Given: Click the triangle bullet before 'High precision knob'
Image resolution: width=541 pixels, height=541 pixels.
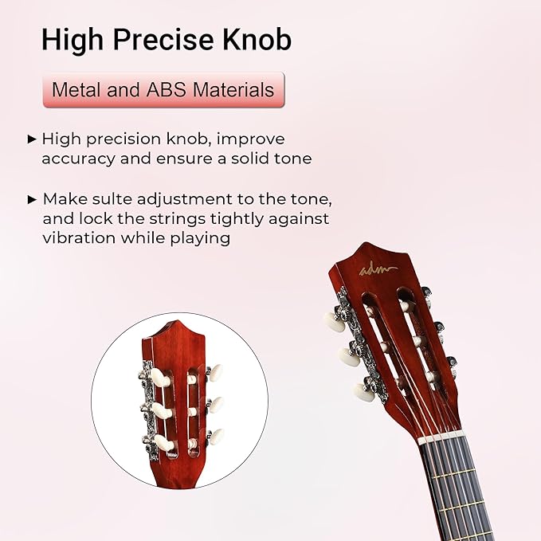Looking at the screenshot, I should coord(32,139).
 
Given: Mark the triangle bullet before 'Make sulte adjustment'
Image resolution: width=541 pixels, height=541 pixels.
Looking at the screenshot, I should coord(32,198).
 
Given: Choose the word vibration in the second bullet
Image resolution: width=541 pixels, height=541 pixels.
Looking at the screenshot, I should coord(75,238).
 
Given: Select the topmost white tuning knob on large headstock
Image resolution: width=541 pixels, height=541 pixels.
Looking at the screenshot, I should coord(333,320).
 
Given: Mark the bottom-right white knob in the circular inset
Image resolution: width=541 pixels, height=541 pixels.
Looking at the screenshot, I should coord(214,437).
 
